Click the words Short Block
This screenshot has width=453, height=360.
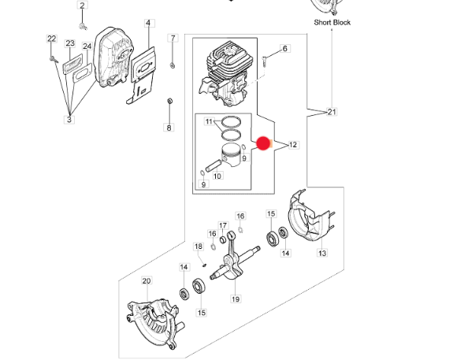click(332, 23)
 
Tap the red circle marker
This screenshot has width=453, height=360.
click(263, 143)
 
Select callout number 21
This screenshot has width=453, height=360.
click(332, 112)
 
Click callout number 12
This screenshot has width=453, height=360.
click(293, 145)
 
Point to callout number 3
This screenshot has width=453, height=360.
click(69, 119)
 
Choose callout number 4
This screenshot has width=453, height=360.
click(148, 23)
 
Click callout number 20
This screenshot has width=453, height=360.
click(147, 280)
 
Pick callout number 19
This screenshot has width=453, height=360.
click(236, 299)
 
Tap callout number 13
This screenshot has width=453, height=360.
click(322, 253)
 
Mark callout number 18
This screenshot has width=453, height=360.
click(199, 247)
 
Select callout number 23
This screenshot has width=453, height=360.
click(70, 43)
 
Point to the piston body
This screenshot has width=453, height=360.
click(231, 155)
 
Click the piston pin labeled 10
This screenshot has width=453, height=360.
click(214, 165)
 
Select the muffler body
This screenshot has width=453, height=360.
click(114, 57)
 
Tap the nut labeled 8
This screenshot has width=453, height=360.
click(170, 101)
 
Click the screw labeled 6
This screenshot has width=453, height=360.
click(265, 61)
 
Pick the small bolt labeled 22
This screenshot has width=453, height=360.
click(54, 60)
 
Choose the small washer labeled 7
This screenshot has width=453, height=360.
click(173, 66)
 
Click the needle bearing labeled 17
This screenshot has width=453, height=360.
click(223, 239)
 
